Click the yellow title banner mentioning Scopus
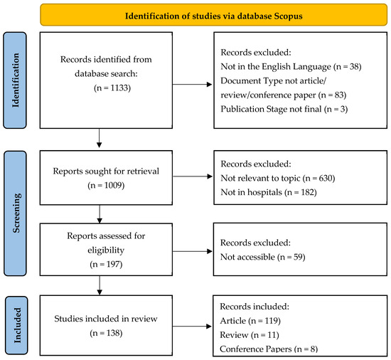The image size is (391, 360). tap(214, 15)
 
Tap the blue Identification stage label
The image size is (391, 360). tap(15, 80)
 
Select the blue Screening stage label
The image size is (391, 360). tap(15, 213)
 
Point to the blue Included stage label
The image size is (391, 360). tap(16, 325)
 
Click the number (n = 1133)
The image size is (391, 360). tap(112, 88)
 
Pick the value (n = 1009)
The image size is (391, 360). tap(106, 185)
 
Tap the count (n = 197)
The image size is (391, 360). tap(106, 264)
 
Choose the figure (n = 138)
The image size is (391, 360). tap(106, 333)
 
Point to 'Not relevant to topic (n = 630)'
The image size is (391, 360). tap(278, 178)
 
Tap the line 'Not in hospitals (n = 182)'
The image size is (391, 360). tap(269, 192)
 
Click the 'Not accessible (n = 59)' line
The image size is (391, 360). tap(263, 257)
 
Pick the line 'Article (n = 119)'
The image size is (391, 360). tap(250, 321)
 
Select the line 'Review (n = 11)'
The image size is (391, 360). tap(250, 335)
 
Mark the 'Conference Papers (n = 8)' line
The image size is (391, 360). tap(269, 349)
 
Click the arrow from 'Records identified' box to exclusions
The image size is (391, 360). tap(192, 85)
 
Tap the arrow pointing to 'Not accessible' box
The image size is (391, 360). tap(192, 251)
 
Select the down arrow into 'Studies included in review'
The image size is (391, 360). tap(100, 285)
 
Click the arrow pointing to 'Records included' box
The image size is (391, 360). tap(192, 326)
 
